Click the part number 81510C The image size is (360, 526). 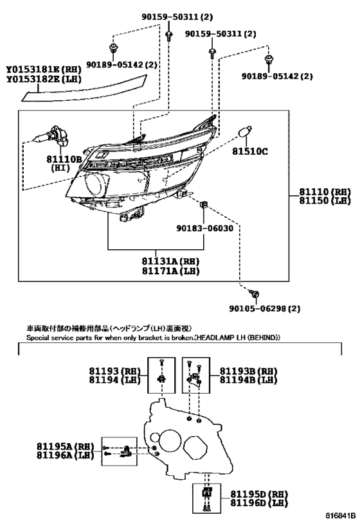point(250,152)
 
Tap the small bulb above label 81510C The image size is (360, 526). point(246,132)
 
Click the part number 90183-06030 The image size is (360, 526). point(205,229)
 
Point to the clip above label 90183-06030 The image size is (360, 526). point(204,204)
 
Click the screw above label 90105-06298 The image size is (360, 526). point(255,294)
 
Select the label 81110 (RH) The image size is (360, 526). point(325,192)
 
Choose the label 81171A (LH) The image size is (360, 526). point(170,271)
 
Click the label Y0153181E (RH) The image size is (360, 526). point(44,69)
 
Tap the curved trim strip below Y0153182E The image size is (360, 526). point(84,89)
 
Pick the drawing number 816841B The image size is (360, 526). point(340,515)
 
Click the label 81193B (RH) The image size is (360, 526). point(249,371)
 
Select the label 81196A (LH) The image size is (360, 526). point(65,455)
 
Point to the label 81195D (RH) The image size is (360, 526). point(259,494)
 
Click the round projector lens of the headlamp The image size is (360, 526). point(96,184)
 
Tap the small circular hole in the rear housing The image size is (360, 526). point(155,437)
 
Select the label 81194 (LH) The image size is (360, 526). point(115,380)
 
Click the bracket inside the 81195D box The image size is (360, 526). point(207,493)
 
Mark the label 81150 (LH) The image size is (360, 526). point(325,200)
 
